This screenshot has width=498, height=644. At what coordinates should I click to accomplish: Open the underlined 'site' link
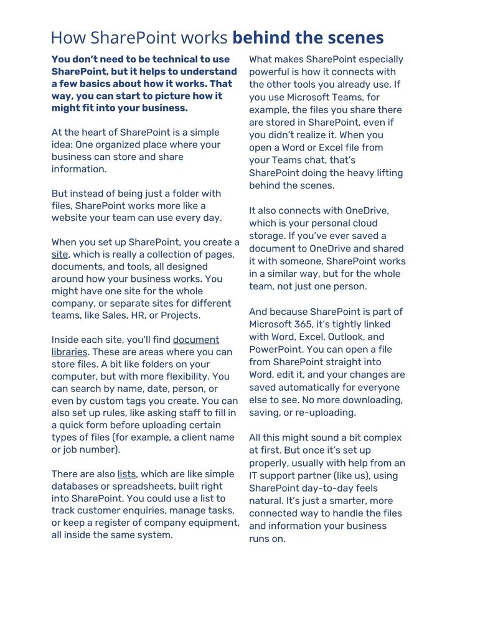(59, 254)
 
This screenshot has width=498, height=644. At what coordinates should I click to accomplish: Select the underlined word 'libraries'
(69, 352)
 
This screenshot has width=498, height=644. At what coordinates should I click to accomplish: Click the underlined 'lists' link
(126, 474)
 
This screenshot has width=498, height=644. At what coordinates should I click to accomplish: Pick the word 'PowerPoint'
(275, 349)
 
